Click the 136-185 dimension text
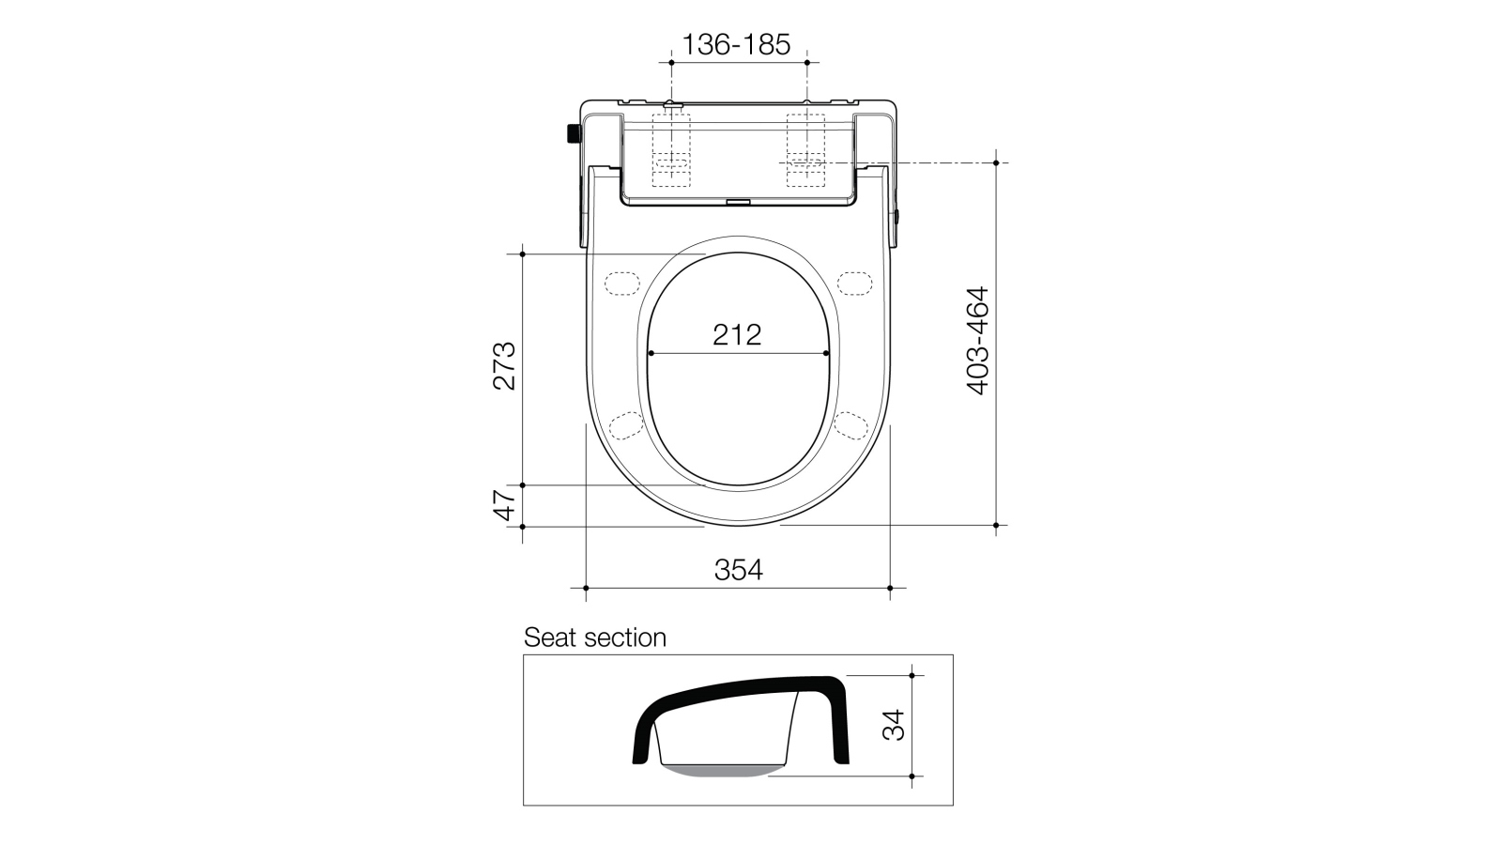(x=736, y=43)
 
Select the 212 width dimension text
(x=736, y=334)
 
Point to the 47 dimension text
(x=505, y=505)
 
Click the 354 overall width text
(x=738, y=569)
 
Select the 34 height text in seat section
(x=895, y=724)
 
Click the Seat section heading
(x=594, y=638)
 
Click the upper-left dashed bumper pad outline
(x=621, y=282)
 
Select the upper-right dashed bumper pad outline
(x=855, y=282)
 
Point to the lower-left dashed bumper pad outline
(x=626, y=424)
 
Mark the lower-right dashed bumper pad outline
(x=850, y=424)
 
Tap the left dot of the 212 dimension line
(x=649, y=353)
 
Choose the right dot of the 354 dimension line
(x=890, y=588)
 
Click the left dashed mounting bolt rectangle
(x=670, y=150)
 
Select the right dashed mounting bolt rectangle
(x=805, y=150)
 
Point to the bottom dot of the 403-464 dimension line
(x=996, y=526)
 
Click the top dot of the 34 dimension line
(x=911, y=674)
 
